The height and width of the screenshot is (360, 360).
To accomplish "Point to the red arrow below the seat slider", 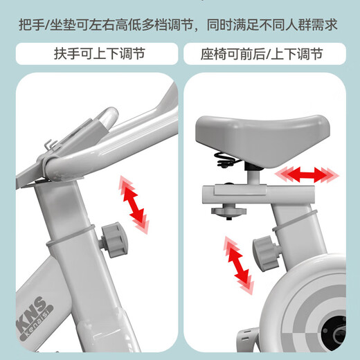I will (237, 263).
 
